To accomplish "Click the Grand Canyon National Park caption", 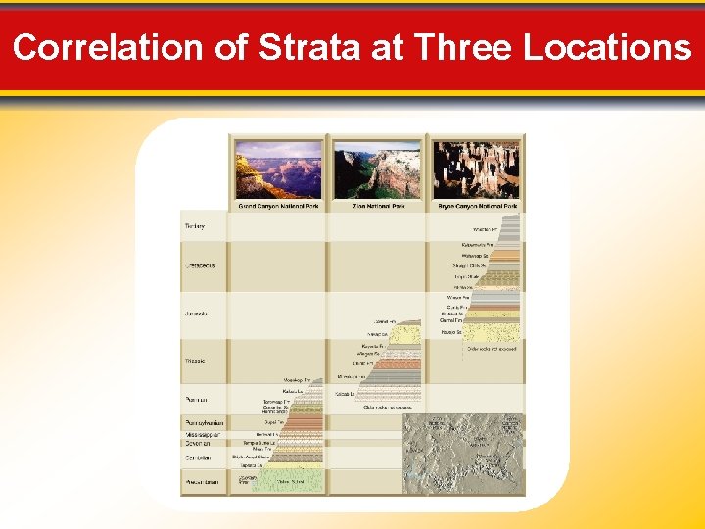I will point(278,206).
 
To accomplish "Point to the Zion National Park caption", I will point(377,206).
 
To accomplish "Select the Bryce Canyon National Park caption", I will point(476,206).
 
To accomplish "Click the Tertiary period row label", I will point(195,226).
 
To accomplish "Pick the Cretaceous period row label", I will point(200,265).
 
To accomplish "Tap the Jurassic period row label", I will point(196,313).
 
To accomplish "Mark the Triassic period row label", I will point(195,361).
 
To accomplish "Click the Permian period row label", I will point(196,399).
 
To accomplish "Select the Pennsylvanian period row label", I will point(204,423).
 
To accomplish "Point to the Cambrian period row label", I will point(198,457).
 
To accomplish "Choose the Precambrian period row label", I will point(203,481).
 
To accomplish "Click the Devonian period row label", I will point(198,444).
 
